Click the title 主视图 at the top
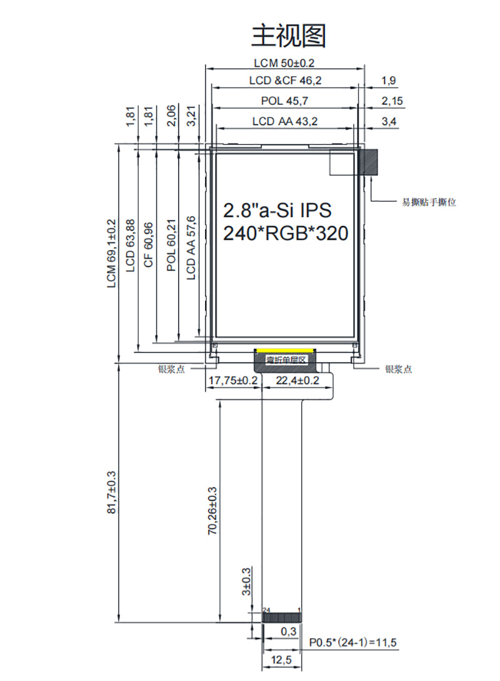click(x=288, y=36)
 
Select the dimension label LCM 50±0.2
click(x=284, y=63)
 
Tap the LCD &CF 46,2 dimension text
click(x=285, y=81)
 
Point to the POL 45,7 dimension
click(x=284, y=101)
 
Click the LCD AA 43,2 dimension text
click(x=285, y=122)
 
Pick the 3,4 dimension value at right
click(x=389, y=122)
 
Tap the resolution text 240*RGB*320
click(x=285, y=233)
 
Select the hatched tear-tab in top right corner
click(x=369, y=162)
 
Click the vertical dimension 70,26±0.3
click(x=212, y=511)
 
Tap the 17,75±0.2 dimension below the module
click(x=232, y=381)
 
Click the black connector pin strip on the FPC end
click(x=282, y=617)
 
